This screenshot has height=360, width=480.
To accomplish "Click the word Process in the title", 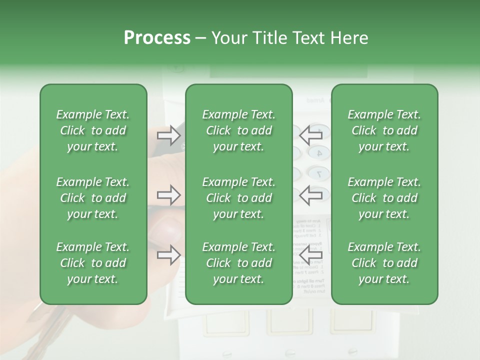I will point(157,38).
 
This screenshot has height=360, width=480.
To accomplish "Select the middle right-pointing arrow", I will point(168,195).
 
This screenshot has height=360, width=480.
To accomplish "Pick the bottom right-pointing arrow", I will point(168,255).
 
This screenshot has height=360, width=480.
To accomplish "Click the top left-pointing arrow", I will point(310,134).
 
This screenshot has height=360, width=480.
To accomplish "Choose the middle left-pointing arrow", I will point(310,195).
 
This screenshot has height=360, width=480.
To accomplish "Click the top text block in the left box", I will point(93,130).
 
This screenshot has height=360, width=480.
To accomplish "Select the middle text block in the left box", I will point(93,198).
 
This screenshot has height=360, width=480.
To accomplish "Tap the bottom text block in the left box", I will point(93,263).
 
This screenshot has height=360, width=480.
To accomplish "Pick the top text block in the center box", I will point(239,130).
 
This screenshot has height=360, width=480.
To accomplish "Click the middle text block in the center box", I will point(239,198).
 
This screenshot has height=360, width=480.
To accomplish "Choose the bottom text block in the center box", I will point(239,263).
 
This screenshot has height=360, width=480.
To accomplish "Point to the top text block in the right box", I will point(384,130).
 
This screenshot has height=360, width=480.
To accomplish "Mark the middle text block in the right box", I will point(384,198).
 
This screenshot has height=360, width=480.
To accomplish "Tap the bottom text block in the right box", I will point(384,263).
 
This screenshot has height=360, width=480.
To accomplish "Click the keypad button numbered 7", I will point(318,174).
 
